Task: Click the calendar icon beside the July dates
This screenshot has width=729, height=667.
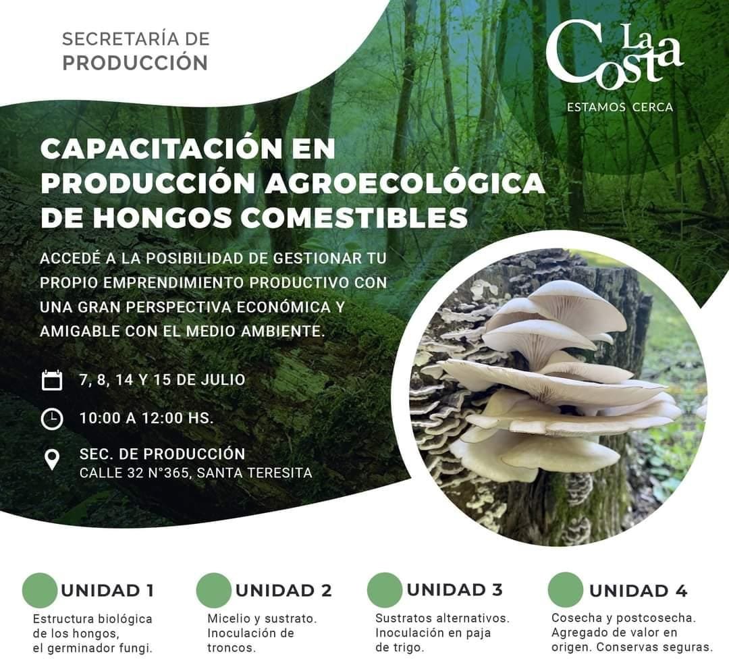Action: (52, 379)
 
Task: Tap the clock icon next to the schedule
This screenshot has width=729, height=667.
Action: (52, 418)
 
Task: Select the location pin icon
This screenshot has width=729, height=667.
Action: (51, 460)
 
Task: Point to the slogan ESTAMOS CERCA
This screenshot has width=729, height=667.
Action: (620, 107)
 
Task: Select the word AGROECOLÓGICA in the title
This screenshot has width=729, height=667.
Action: (404, 183)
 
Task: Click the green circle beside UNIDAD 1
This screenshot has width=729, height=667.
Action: (40, 590)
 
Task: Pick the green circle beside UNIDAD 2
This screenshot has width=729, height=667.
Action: (214, 590)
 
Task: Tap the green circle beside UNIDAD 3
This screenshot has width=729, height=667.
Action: (385, 590)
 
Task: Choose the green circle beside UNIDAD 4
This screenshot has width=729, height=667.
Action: (566, 590)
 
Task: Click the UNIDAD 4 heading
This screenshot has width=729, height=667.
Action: (638, 591)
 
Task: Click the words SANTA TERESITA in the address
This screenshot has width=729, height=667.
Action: (254, 473)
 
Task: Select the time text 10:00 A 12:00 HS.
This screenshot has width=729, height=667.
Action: (146, 418)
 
